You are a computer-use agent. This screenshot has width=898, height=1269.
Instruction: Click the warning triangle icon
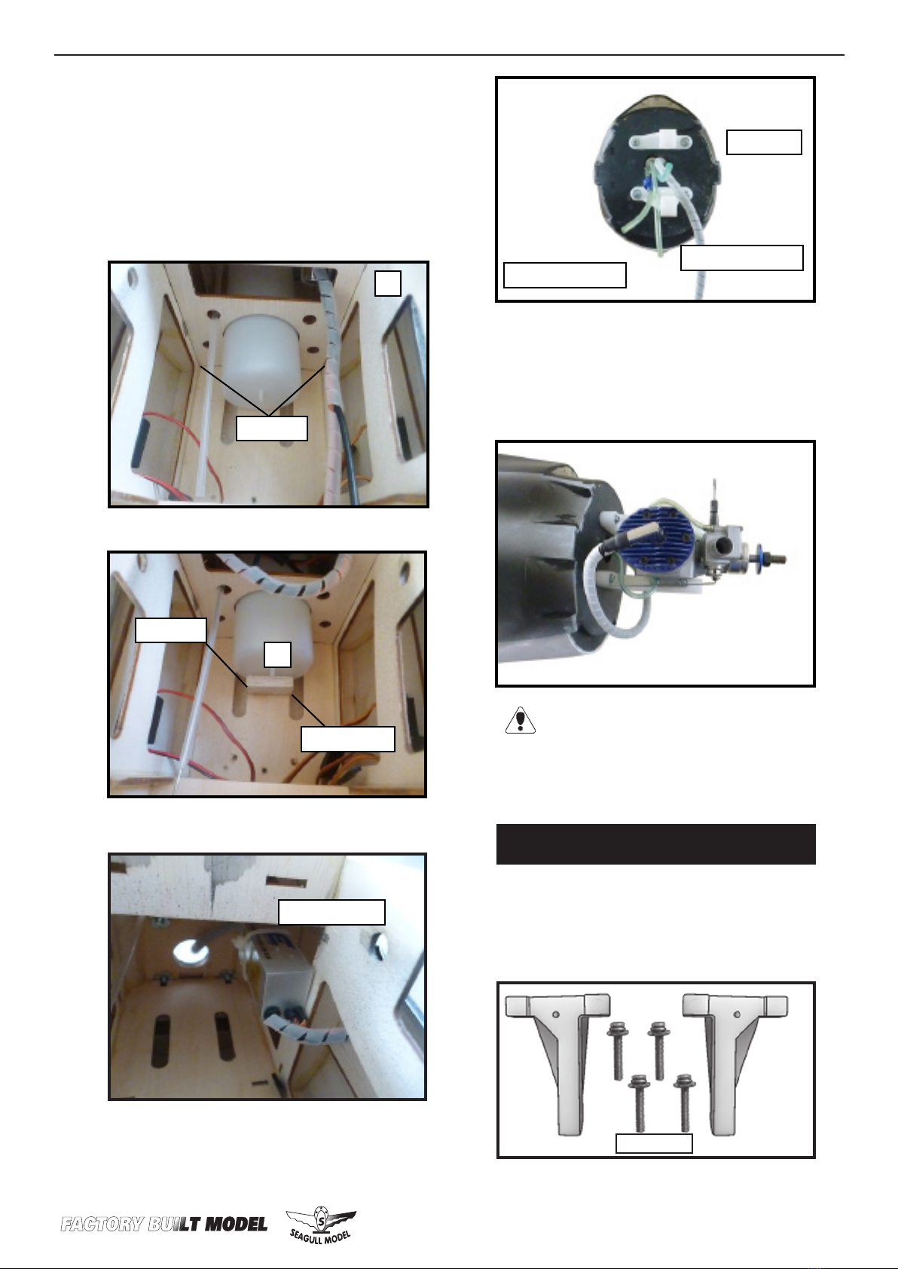pos(520,720)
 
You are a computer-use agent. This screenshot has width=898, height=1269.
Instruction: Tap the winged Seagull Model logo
pos(321,1224)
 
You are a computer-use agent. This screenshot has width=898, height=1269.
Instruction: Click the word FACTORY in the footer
pos(102,1225)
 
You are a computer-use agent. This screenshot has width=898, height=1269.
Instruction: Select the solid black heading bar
pos(655,844)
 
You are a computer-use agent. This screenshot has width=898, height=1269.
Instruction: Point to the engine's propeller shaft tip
pos(783,559)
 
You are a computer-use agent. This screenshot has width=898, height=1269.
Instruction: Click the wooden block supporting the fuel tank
pos(268,683)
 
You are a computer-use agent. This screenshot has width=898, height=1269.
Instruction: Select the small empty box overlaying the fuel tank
pos(278,655)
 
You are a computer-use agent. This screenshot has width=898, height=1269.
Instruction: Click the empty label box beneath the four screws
pos(654,1143)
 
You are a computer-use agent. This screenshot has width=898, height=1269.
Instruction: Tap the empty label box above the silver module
pos(331,912)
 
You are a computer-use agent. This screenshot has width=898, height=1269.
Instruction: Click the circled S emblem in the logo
pos(321,1217)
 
